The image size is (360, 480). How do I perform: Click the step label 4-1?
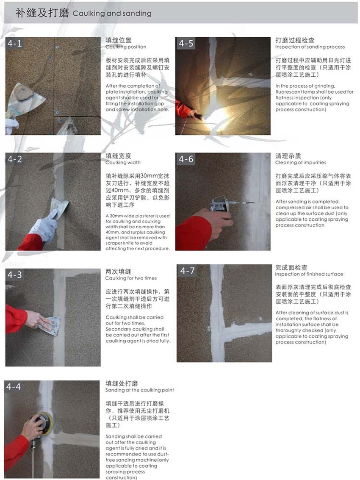click(x=14, y=43)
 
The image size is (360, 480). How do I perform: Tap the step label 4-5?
click(x=186, y=43)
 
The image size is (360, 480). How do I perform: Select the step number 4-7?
click(x=188, y=270)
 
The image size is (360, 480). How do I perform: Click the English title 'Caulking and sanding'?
click(x=112, y=14)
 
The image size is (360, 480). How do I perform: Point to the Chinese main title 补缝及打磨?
click(x=42, y=13)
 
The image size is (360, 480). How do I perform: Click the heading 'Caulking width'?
click(x=123, y=163)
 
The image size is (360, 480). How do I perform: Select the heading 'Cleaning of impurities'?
click(x=300, y=163)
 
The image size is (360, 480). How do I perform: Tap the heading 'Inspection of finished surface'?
click(x=309, y=274)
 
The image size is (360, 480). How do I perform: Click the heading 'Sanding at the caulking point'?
click(x=139, y=390)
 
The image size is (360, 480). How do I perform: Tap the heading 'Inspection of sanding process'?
click(x=310, y=47)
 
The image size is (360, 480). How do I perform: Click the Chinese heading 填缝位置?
click(x=118, y=40)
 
